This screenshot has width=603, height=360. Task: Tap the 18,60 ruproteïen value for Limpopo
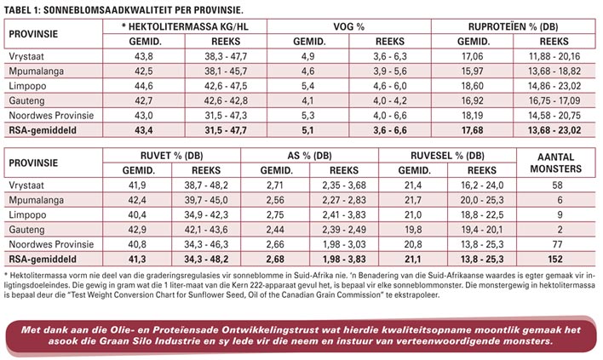point(474,85)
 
